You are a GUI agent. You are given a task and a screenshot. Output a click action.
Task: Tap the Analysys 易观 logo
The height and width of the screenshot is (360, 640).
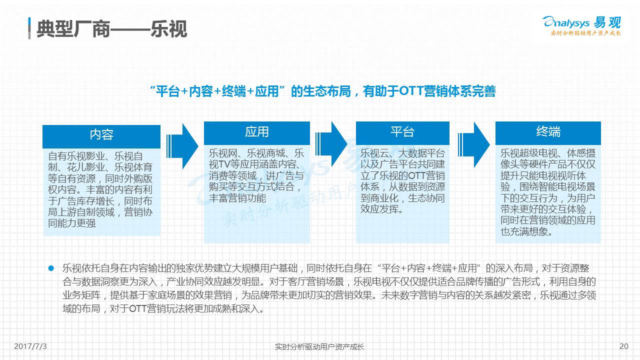coord(581,22)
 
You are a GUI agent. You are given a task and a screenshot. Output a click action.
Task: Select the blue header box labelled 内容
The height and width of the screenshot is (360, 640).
coord(101,134)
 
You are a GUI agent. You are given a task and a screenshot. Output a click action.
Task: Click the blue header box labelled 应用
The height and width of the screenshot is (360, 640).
coord(256,132)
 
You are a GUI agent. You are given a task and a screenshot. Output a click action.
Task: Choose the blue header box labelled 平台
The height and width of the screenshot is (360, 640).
coord(402,132)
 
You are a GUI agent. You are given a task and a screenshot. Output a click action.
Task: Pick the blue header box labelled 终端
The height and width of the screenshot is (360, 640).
coord(548,132)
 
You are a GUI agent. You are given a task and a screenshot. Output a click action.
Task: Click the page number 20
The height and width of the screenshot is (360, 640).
coord(623,346)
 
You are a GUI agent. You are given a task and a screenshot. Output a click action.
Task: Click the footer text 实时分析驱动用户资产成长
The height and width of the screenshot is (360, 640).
coord(320,346)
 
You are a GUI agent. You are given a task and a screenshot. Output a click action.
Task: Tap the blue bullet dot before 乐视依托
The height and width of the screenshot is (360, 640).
coord(50,268)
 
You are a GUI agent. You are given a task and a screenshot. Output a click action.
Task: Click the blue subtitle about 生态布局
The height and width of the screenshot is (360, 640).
coord(323,91)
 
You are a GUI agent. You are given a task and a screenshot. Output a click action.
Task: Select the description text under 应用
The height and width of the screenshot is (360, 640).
coord(256,175)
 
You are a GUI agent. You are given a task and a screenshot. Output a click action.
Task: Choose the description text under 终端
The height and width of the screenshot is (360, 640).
coord(548,192)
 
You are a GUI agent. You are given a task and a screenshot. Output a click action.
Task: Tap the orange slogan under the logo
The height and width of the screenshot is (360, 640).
coord(585,33)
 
